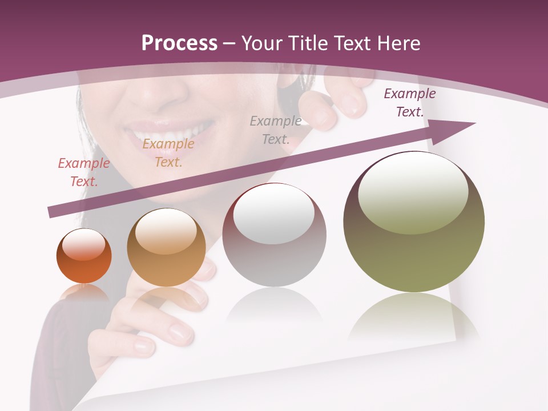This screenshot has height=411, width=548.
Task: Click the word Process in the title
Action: pos(179,43)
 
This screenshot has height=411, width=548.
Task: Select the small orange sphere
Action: pos(84,256)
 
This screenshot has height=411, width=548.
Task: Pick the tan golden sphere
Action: pos(166,248)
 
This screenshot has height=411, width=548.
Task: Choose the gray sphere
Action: pos(274,235)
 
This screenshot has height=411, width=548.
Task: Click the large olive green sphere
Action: pos(414,222)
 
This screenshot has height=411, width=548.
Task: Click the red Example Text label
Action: pos(84,172)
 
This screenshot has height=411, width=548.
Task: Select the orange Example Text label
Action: pos(168,153)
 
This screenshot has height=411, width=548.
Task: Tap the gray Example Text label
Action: pos(276,130)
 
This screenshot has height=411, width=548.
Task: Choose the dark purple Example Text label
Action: pos(409,103)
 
